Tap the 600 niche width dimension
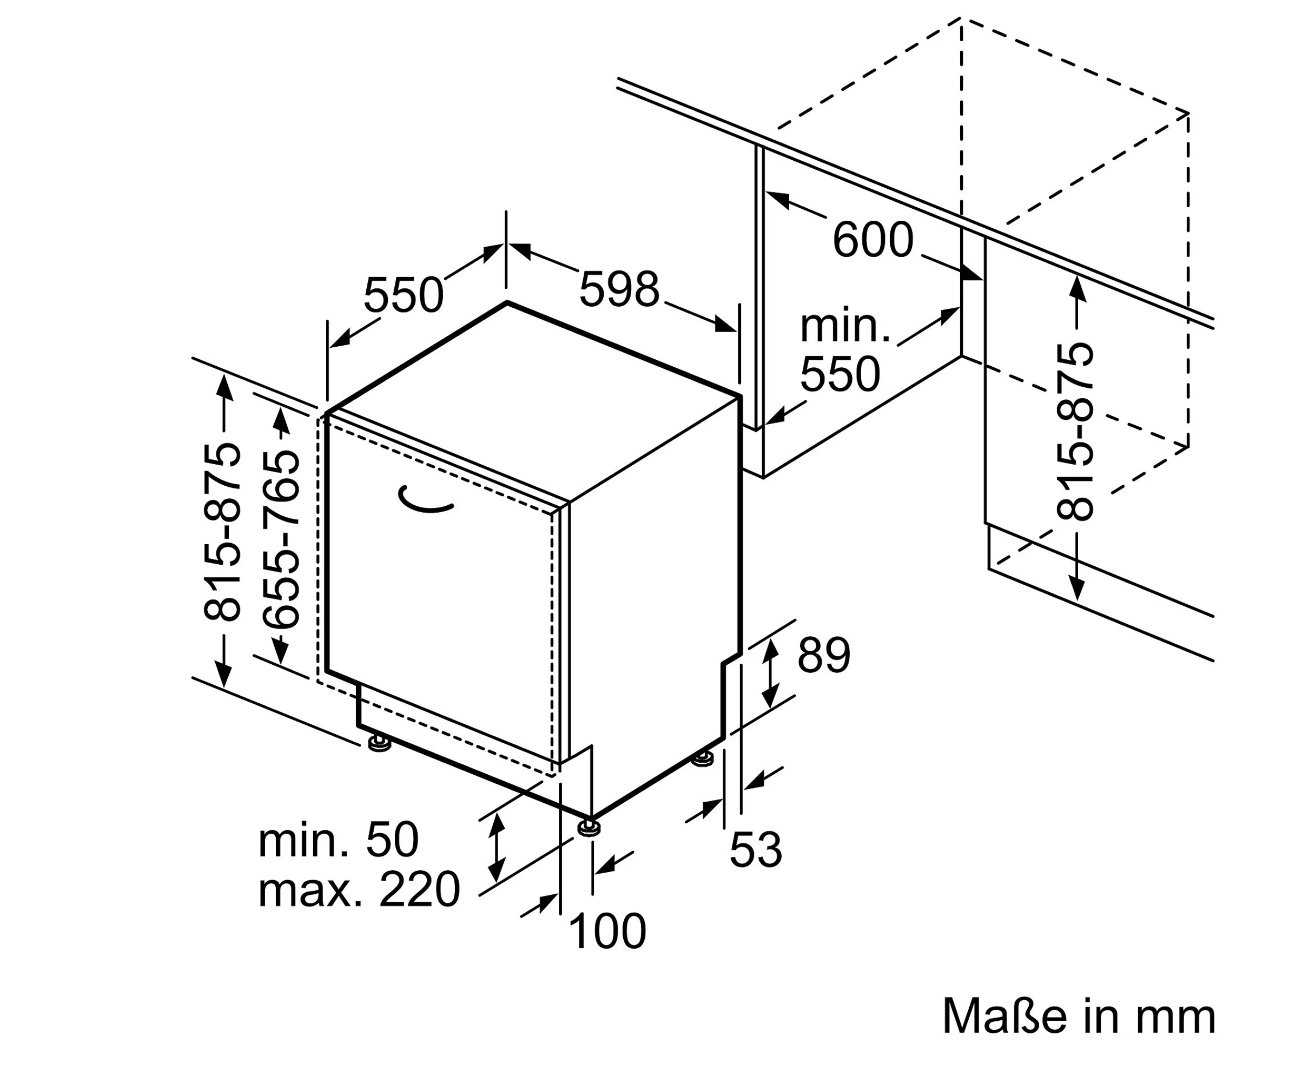pyautogui.click(x=872, y=240)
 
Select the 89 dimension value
pyautogui.click(x=823, y=655)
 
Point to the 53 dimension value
pyautogui.click(x=756, y=850)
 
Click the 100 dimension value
pyautogui.click(x=607, y=932)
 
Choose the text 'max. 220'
pyautogui.click(x=359, y=890)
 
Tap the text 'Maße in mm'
pyautogui.click(x=1079, y=1016)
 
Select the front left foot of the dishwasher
pyautogui.click(x=380, y=744)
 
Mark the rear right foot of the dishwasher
pyautogui.click(x=703, y=760)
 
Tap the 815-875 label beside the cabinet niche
pyautogui.click(x=1075, y=432)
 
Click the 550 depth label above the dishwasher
pyautogui.click(x=403, y=295)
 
